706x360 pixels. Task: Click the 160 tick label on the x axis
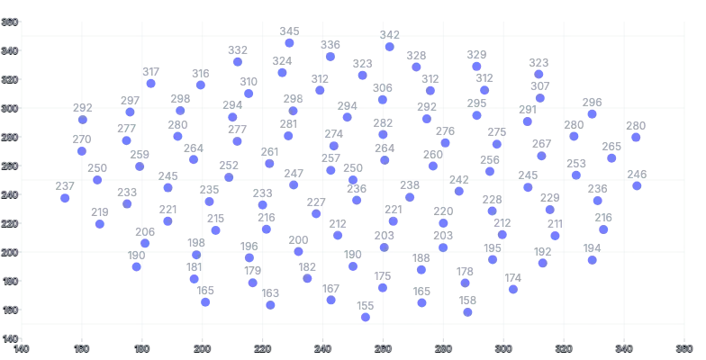tap(82, 348)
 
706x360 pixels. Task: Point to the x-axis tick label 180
tap(142, 348)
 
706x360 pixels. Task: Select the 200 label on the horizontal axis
tap(203, 348)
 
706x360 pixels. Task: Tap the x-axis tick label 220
tap(263, 348)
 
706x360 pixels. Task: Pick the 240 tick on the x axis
tap(323, 348)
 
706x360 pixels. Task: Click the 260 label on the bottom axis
tap(384, 348)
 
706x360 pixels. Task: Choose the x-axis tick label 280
tap(444, 348)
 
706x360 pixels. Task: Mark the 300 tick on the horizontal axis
tap(503, 348)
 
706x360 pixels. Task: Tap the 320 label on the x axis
tap(564, 348)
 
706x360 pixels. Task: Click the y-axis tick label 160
tap(9, 310)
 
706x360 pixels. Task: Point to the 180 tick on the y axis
tap(9, 281)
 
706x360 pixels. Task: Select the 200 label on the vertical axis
tap(9, 252)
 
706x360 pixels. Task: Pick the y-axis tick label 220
tap(9, 223)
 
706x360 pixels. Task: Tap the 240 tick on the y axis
tap(9, 194)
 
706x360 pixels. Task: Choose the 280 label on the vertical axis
tap(9, 137)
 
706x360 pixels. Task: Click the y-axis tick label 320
tap(9, 79)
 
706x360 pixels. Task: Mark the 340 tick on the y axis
tap(9, 50)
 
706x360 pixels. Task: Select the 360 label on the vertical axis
tap(9, 22)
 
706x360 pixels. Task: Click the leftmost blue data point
tap(64, 199)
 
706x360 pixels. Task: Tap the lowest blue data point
tap(365, 317)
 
